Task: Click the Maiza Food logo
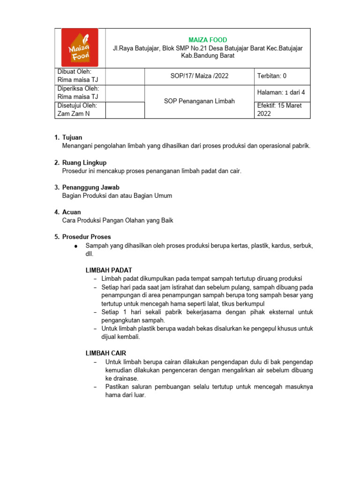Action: (x=80, y=47)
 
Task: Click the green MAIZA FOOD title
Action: (x=208, y=40)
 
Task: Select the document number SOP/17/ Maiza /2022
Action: (x=199, y=76)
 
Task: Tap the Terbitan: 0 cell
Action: (x=271, y=76)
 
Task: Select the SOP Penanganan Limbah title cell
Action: (x=199, y=101)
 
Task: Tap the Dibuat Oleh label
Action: (x=74, y=72)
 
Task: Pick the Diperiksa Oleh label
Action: (x=78, y=89)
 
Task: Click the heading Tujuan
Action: (x=72, y=137)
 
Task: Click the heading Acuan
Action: (x=71, y=212)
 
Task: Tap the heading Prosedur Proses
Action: (x=87, y=237)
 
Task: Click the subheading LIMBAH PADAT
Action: (x=108, y=270)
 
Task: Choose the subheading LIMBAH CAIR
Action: (x=105, y=353)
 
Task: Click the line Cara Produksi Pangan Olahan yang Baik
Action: (x=118, y=220)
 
